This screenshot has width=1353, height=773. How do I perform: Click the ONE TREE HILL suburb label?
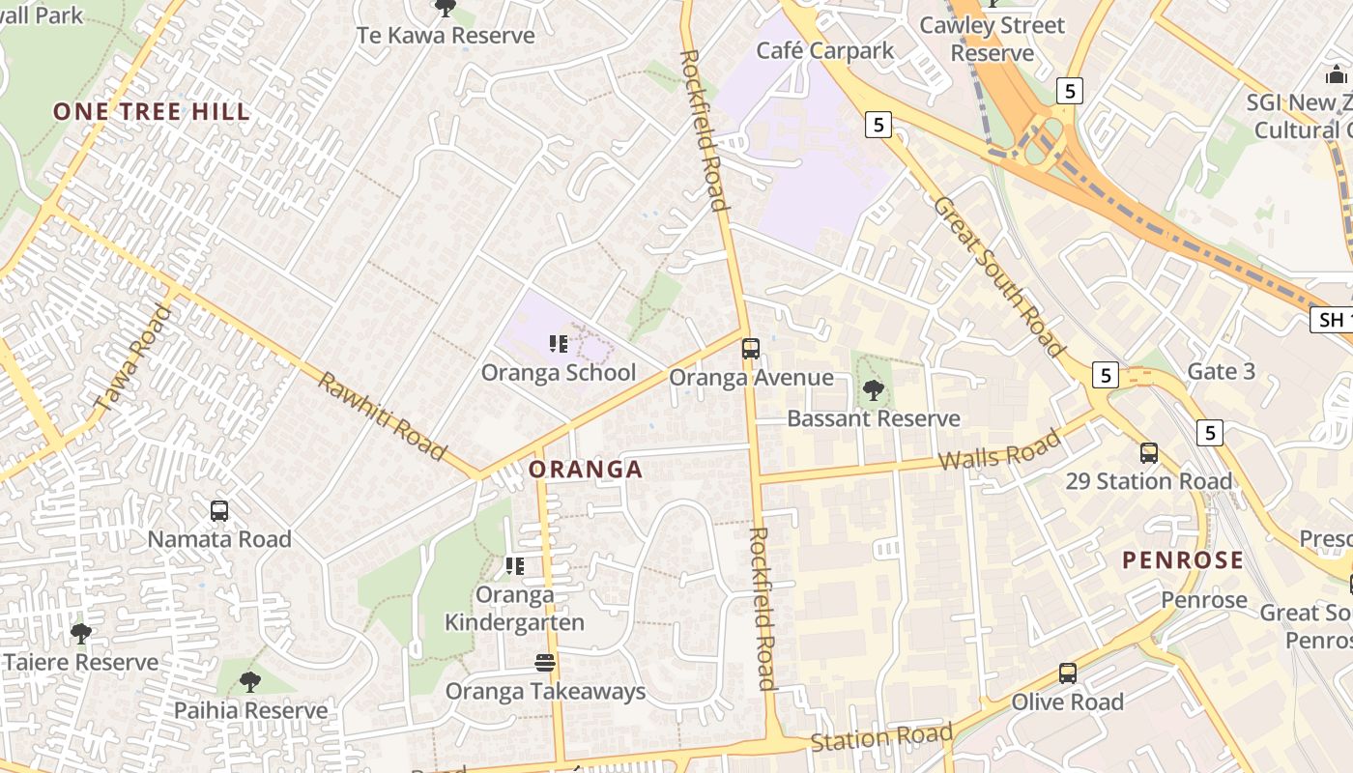(x=152, y=111)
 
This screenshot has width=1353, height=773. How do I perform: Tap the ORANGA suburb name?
(x=585, y=470)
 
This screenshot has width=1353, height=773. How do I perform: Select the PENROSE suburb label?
(x=1183, y=560)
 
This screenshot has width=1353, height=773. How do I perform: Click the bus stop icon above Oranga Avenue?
(x=751, y=349)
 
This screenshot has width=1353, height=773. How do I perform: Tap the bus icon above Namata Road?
(x=219, y=511)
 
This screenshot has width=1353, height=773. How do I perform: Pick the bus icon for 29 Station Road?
(x=1149, y=452)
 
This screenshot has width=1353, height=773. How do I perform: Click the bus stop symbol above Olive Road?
(x=1068, y=673)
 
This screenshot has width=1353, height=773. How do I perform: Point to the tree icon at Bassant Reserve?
(x=874, y=390)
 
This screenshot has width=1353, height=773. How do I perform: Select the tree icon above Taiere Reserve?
(x=81, y=634)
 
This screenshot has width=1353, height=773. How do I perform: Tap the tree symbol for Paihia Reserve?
(x=250, y=682)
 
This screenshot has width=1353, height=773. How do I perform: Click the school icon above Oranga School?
(x=558, y=343)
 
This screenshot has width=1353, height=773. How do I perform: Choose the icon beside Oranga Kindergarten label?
(x=515, y=565)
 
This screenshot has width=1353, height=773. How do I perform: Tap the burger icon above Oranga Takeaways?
(x=545, y=663)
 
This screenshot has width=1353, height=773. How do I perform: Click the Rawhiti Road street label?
(x=383, y=416)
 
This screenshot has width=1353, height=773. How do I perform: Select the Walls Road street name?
(x=999, y=451)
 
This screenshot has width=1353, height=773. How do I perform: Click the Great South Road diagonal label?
(x=999, y=276)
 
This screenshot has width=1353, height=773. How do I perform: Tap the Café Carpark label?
(x=825, y=51)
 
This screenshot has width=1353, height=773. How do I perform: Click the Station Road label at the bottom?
(x=881, y=738)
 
